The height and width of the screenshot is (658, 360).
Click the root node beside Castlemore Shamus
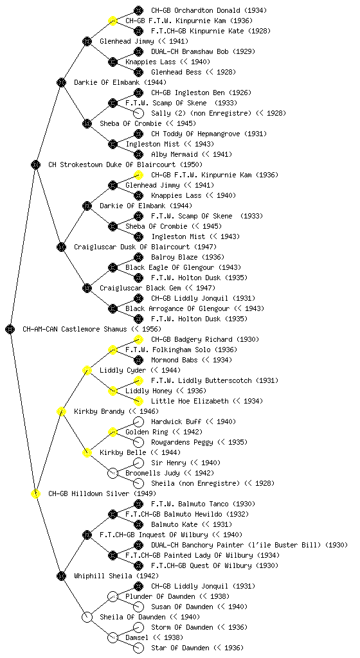click(10, 329)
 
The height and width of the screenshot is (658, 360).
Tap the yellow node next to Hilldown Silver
click(35, 493)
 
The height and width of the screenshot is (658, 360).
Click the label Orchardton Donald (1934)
click(209, 10)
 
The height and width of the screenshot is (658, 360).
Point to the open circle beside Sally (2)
click(138, 113)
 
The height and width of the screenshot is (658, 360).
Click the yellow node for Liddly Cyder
click(87, 370)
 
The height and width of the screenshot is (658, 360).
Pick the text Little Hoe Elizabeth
click(190, 401)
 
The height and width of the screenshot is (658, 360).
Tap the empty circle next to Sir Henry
click(138, 463)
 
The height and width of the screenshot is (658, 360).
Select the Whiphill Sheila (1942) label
click(116, 576)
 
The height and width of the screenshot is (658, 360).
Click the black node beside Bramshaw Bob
click(138, 51)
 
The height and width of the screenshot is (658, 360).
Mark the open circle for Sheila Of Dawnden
click(87, 617)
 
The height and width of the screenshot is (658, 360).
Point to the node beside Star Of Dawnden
click(138, 648)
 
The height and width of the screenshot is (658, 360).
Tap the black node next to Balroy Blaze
click(138, 257)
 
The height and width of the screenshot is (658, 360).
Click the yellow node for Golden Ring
click(113, 432)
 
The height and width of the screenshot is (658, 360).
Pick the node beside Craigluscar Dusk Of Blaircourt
click(61, 247)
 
